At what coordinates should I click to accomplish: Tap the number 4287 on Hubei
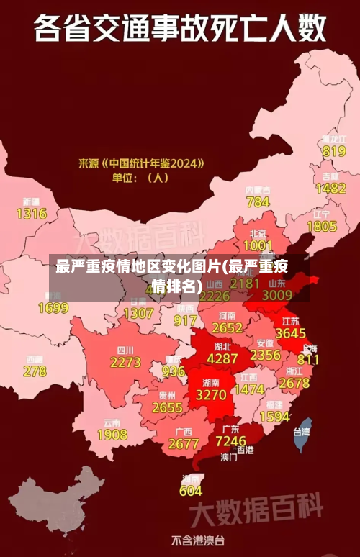[222, 358]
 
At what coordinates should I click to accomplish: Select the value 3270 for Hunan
[211, 395]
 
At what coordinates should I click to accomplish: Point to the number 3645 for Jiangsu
[290, 334]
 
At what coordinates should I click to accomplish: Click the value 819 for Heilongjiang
[333, 152]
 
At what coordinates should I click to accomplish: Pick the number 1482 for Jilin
[330, 189]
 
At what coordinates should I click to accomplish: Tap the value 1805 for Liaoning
[321, 226]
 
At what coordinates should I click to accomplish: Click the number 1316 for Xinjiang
[31, 214]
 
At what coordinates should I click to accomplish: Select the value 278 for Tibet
[35, 371]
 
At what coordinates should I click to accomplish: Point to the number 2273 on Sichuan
[125, 363]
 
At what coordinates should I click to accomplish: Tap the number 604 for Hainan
[191, 491]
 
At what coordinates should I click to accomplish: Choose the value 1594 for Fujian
[274, 417]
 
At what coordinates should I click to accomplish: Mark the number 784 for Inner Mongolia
[258, 202]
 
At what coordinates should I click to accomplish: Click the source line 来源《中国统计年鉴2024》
[141, 163]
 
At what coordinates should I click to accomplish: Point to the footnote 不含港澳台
[197, 540]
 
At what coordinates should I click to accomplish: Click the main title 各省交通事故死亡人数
[179, 30]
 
